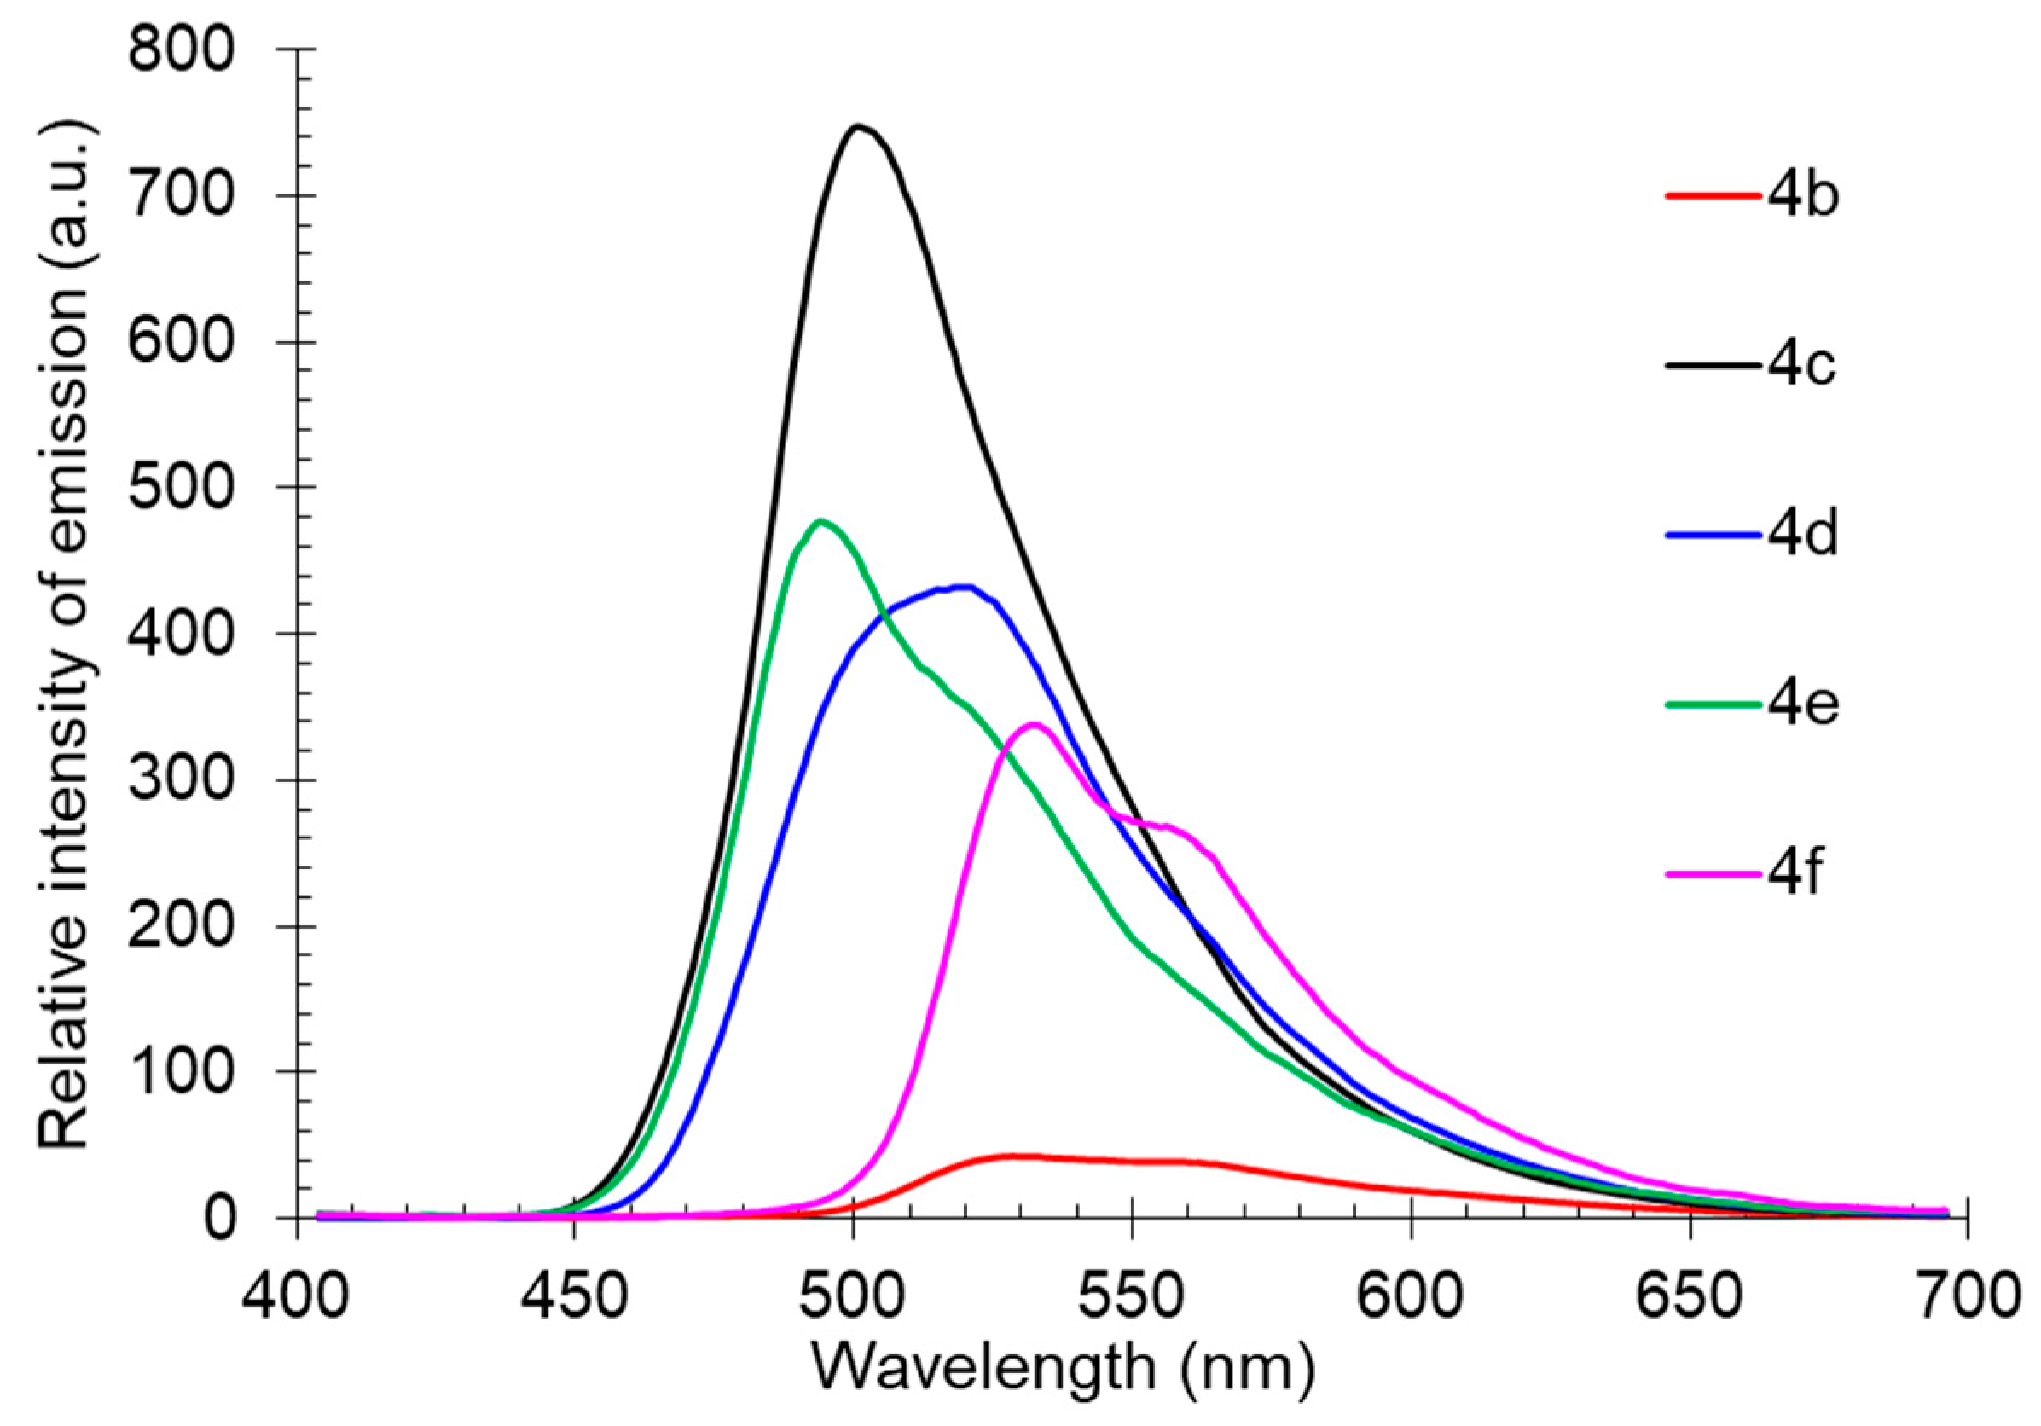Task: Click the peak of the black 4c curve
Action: pos(858,127)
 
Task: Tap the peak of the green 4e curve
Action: pos(820,522)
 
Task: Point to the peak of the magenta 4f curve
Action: pos(1034,726)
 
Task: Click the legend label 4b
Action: pos(1802,194)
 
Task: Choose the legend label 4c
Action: pos(1802,364)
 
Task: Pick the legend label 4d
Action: pos(1802,534)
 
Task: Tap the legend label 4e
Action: pos(1802,704)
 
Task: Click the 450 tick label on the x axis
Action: pos(574,1296)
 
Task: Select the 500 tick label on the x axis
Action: pos(854,1296)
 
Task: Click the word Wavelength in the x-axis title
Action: pos(983,1366)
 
